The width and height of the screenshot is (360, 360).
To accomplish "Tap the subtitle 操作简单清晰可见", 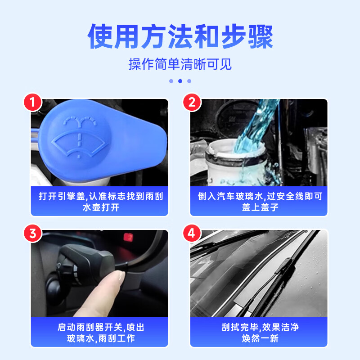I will point(180,64).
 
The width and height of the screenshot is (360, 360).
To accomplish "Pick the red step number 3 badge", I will point(32,234).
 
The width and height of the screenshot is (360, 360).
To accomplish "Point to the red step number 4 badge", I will point(192,234).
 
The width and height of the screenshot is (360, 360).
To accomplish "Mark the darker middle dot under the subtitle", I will point(180,81).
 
